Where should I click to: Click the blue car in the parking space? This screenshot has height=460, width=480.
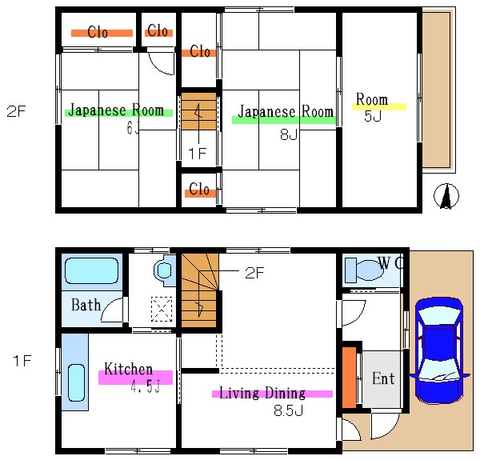(439, 350)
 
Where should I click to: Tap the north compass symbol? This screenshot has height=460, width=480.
(446, 196)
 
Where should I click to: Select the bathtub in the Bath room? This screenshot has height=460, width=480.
(92, 271)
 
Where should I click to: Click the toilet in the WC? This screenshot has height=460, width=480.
(364, 270)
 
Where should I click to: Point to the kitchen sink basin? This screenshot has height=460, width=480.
(76, 382)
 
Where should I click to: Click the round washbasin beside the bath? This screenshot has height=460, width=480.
(164, 270)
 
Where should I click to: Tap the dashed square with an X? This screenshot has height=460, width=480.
(162, 309)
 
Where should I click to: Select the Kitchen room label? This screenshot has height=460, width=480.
(128, 369)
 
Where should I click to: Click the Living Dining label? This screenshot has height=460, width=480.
(262, 393)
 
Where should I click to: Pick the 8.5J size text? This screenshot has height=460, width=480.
(288, 410)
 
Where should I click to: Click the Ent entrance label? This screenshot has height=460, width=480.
(383, 378)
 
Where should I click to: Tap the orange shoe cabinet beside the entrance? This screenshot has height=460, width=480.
(349, 378)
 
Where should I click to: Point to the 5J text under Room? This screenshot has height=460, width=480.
(373, 116)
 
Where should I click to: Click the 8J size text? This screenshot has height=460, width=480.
(289, 134)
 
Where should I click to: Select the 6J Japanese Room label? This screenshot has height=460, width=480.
(116, 110)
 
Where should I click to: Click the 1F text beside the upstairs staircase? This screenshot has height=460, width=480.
(198, 154)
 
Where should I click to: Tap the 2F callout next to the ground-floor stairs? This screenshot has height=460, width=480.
(254, 273)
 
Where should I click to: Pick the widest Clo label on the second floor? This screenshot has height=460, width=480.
(98, 32)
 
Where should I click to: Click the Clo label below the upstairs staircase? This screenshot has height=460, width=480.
(199, 189)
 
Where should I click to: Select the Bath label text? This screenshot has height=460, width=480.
(86, 305)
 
